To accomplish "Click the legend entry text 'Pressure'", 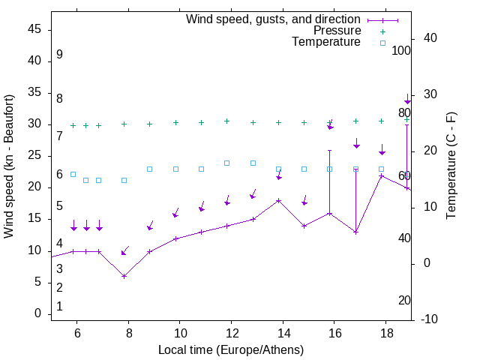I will click(x=337, y=31).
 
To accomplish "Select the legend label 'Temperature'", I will click(x=326, y=42).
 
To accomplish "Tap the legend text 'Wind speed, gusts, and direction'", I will click(x=274, y=19).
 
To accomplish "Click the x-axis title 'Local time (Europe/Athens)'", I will click(x=231, y=350).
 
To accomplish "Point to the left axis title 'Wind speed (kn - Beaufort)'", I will click(x=9, y=166).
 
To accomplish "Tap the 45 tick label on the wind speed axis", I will click(x=34, y=29).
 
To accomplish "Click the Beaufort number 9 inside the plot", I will click(x=59, y=55).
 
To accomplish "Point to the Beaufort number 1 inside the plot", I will click(x=59, y=307).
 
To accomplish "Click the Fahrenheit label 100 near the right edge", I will click(x=401, y=51).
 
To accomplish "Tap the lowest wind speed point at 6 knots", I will click(x=124, y=276).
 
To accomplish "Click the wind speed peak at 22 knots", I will click(x=381, y=175).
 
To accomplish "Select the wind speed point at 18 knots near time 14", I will click(x=278, y=200).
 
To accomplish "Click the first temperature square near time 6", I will click(x=73, y=174).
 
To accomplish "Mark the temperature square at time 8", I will click(x=124, y=180).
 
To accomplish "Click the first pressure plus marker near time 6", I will click(x=73, y=126).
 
